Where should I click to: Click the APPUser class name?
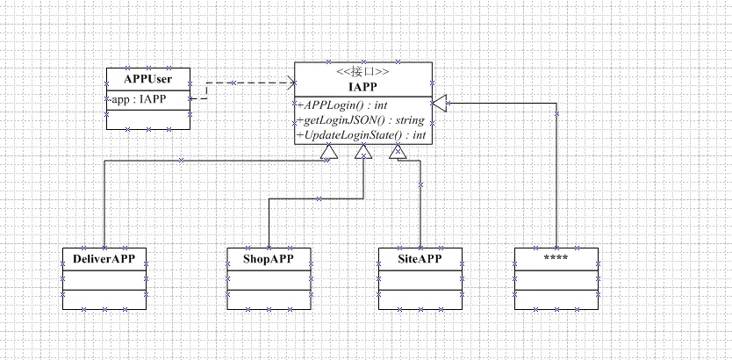pyautogui.click(x=148, y=78)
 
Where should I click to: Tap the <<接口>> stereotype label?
pyautogui.click(x=362, y=73)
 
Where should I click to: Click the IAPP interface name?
pyautogui.click(x=362, y=86)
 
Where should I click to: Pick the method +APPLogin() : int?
pyautogui.click(x=342, y=105)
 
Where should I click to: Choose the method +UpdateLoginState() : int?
pyautogui.click(x=362, y=135)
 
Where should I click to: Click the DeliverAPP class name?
pyautogui.click(x=104, y=259)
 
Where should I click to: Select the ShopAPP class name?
pyautogui.click(x=269, y=259)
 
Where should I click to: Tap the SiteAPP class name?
pyautogui.click(x=420, y=259)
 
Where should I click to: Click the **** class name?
pyautogui.click(x=556, y=258)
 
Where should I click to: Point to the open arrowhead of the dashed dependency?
pyautogui.click(x=293, y=83)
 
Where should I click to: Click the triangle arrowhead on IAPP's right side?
pyautogui.click(x=440, y=102)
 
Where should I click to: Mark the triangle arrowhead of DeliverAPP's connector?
pyautogui.click(x=329, y=152)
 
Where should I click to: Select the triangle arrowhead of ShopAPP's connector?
pyautogui.click(x=362, y=152)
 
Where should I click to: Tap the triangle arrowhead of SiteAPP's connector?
pyautogui.click(x=398, y=151)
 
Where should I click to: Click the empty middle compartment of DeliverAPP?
pyautogui.click(x=104, y=280)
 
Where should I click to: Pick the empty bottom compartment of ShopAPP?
pyautogui.click(x=269, y=299)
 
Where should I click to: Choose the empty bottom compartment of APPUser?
pyautogui.click(x=148, y=119)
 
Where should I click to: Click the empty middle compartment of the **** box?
pyautogui.click(x=556, y=280)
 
